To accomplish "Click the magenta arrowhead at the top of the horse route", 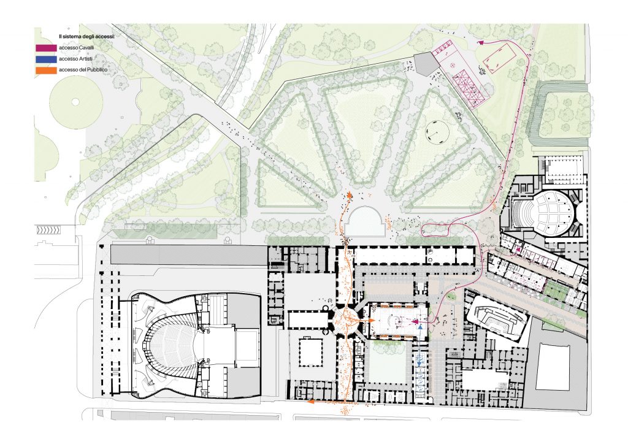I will tap(480, 43).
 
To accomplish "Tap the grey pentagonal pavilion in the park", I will tap(424, 62).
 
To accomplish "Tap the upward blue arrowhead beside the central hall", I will tap(419, 329).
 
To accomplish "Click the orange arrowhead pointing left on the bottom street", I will tap(311, 403).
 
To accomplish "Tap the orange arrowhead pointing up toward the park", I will tap(350, 196).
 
